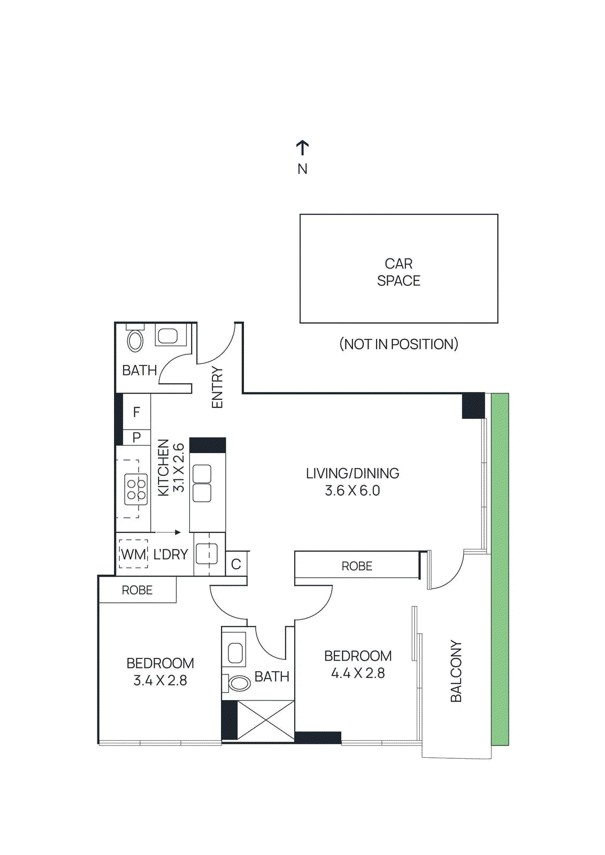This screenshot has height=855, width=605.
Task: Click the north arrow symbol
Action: (302, 148)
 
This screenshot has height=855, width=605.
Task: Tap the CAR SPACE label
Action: (399, 272)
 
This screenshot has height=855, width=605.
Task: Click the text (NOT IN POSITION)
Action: (399, 344)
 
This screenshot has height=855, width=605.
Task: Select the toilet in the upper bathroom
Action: (135, 340)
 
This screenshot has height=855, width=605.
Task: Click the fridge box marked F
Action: (136, 412)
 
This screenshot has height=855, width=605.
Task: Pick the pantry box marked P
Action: (136, 437)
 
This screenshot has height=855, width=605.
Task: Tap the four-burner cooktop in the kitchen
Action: (136, 489)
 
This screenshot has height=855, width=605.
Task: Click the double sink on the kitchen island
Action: (202, 483)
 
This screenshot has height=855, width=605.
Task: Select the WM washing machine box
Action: (133, 554)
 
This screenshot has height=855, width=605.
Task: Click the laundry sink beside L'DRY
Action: (206, 554)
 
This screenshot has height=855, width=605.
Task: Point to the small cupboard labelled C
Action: (236, 564)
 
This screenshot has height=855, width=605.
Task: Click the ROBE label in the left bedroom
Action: (137, 590)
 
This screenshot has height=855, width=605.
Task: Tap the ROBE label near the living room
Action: (357, 566)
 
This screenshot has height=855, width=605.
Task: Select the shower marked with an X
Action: (265, 720)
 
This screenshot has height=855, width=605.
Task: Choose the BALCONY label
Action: (456, 671)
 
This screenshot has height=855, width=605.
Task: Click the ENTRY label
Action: (217, 387)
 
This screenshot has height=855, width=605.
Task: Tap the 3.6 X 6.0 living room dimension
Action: (352, 491)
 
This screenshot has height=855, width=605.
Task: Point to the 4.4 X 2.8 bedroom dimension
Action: (357, 673)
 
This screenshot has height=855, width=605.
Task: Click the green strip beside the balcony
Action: (500, 569)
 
